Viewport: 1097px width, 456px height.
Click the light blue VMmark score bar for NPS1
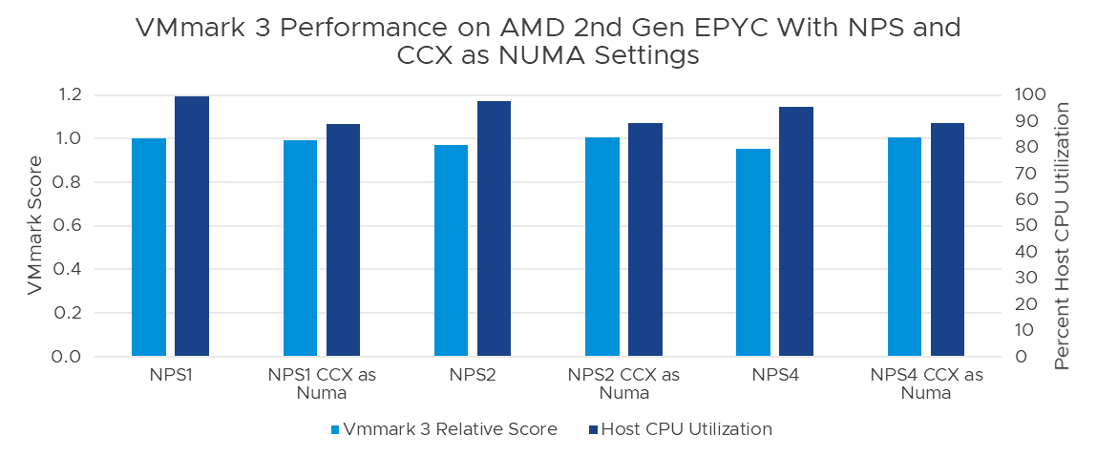[x=148, y=247]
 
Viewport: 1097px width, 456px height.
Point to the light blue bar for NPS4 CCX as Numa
[x=904, y=247]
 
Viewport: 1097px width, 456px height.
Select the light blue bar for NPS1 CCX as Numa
[x=300, y=248]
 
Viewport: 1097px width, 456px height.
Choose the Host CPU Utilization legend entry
[x=681, y=429]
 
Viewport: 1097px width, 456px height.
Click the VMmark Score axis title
[x=35, y=225]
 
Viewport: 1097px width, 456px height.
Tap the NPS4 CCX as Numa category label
[x=926, y=383]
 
